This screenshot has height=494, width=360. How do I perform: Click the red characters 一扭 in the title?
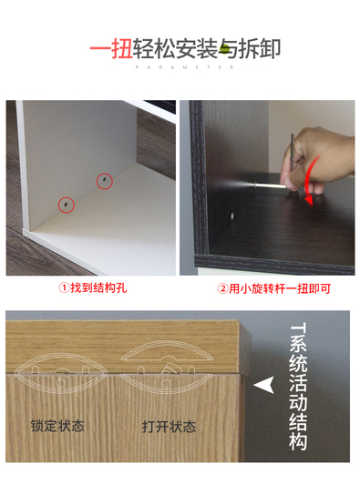pyautogui.click(x=111, y=49)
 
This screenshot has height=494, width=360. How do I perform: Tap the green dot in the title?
pyautogui.click(x=224, y=49)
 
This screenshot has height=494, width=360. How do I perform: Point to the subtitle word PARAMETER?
pyautogui.click(x=185, y=67)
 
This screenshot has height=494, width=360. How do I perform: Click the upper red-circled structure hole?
pyautogui.click(x=105, y=181)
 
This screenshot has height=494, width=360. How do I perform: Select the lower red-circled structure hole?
pyautogui.click(x=67, y=205)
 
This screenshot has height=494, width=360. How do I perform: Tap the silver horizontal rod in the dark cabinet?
pyautogui.click(x=271, y=186)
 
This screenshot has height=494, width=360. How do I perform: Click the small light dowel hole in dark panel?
pyautogui.click(x=232, y=217)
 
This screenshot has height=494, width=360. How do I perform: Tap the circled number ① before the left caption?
pyautogui.click(x=64, y=288)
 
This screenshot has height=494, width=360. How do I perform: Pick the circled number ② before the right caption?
pyautogui.click(x=222, y=288)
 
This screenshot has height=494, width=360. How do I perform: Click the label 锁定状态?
pyautogui.click(x=57, y=426)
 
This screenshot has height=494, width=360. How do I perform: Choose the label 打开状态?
pyautogui.click(x=169, y=427)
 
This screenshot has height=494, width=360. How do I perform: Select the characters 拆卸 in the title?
pyautogui.click(x=259, y=49)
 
